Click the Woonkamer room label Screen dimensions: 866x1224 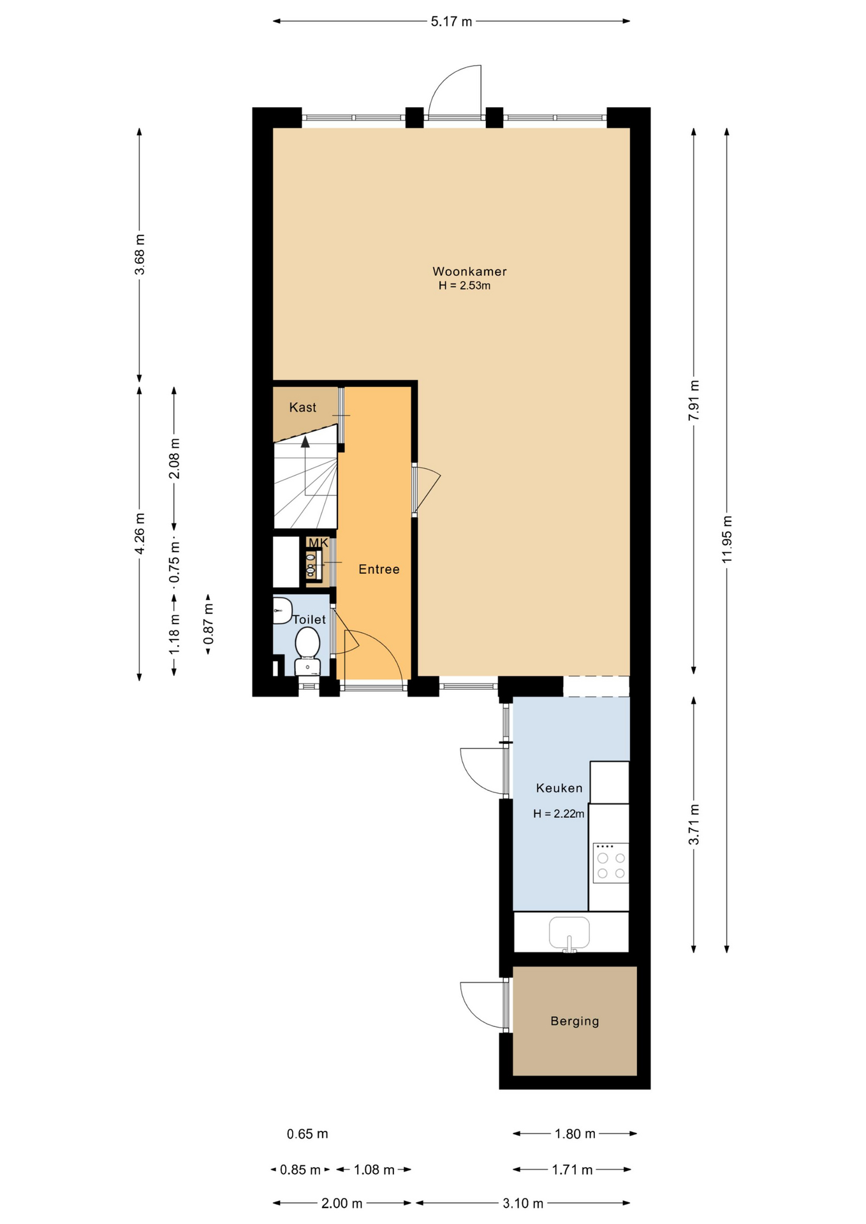click(469, 271)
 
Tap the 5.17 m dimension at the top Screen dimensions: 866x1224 click(451, 22)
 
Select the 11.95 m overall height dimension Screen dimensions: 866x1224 click(727, 539)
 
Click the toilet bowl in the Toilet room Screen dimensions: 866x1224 click(307, 642)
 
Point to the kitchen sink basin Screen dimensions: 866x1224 click(569, 932)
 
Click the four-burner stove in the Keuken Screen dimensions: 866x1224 click(610, 863)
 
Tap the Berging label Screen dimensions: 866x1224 click(575, 1021)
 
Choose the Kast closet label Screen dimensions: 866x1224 click(302, 407)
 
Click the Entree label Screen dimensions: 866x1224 click(379, 569)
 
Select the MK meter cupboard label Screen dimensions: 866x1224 click(318, 543)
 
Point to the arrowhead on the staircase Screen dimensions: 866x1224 click(305, 441)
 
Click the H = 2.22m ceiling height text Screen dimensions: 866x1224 click(559, 813)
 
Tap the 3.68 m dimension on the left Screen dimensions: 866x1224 click(140, 254)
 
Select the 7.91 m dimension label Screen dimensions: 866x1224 click(694, 400)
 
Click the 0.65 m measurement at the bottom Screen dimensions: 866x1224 click(307, 1133)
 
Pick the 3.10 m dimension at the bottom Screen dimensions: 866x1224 click(523, 1203)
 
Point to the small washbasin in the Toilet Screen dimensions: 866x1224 click(282, 610)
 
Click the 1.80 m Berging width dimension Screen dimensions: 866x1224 click(575, 1133)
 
